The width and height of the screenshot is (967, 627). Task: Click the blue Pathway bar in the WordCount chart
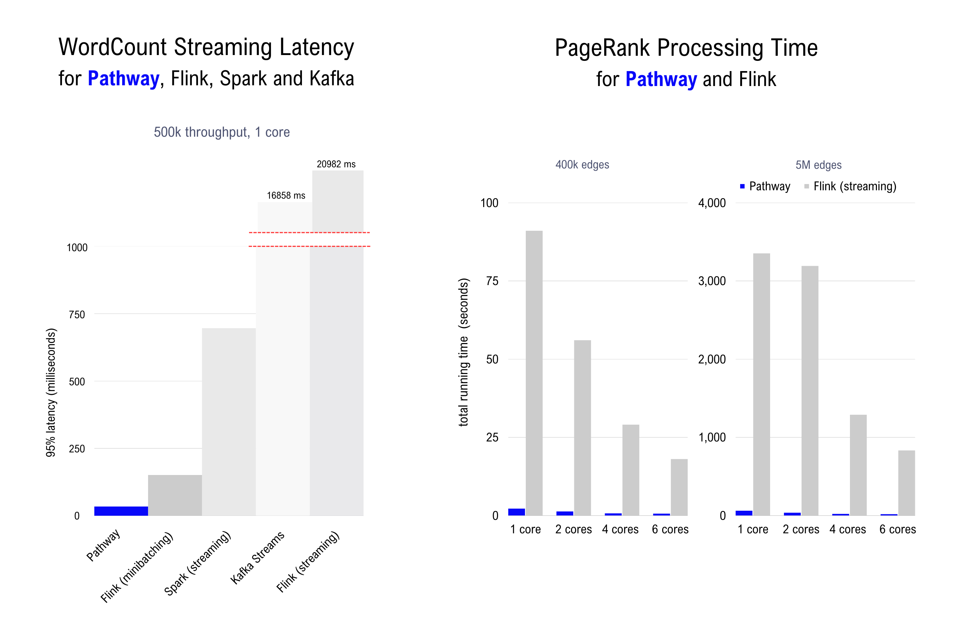pos(121,511)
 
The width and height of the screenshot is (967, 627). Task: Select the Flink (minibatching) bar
pos(175,495)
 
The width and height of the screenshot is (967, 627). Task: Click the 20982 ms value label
pos(336,164)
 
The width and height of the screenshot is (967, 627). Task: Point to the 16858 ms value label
pos(286,195)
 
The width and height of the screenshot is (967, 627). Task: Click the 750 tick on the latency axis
pos(77,315)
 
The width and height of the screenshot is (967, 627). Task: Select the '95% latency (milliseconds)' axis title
pos(51,392)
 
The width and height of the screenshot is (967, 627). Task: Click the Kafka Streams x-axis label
pos(257,558)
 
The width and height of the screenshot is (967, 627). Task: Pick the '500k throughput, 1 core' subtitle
pos(221,132)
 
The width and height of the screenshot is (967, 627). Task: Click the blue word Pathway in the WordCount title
pos(124,78)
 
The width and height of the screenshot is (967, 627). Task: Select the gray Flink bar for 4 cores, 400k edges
pos(630,470)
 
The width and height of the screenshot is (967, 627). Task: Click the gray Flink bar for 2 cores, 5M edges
pos(810,390)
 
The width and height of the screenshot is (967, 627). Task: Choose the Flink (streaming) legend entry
pos(850,186)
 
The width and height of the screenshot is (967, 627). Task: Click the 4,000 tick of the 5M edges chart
pos(711,203)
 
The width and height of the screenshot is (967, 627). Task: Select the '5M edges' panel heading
pos(818,165)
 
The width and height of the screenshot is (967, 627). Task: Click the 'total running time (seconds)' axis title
pos(463,352)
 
